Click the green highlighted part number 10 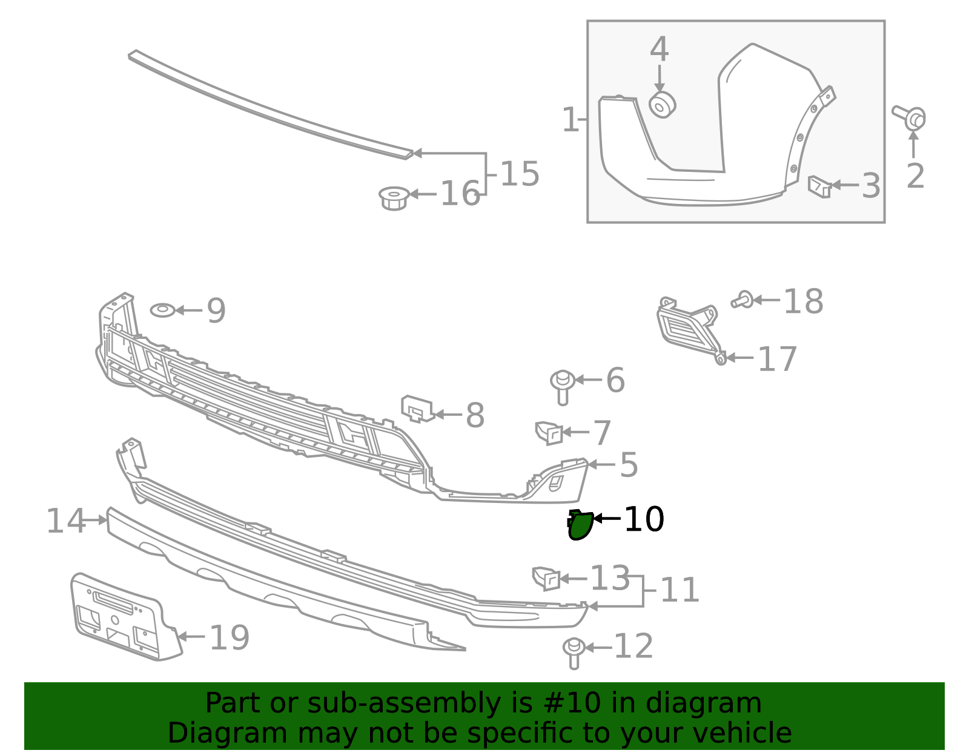[580, 525]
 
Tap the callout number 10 [644, 519]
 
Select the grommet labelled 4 [662, 105]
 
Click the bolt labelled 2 [910, 117]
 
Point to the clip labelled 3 [819, 186]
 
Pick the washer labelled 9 [163, 310]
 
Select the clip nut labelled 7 [549, 433]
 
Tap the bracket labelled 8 [417, 409]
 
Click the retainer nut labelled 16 [394, 199]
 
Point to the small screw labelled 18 [742, 300]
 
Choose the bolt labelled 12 [574, 653]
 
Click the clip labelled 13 [546, 579]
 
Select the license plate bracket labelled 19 [126, 617]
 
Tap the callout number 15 [520, 174]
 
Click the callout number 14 [65, 521]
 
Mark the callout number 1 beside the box [570, 119]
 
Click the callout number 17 [777, 359]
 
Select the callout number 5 [629, 465]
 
